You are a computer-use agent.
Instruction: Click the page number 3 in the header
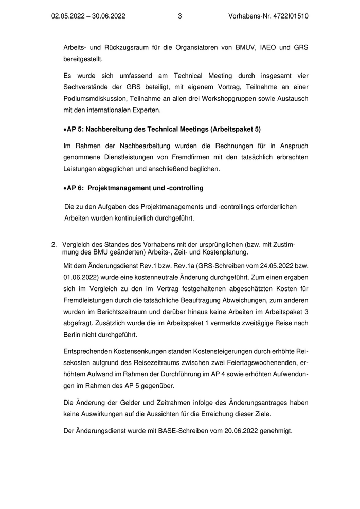[179, 16]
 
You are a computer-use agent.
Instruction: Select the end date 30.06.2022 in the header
[109, 16]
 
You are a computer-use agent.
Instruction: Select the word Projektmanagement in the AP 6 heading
[117, 188]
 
